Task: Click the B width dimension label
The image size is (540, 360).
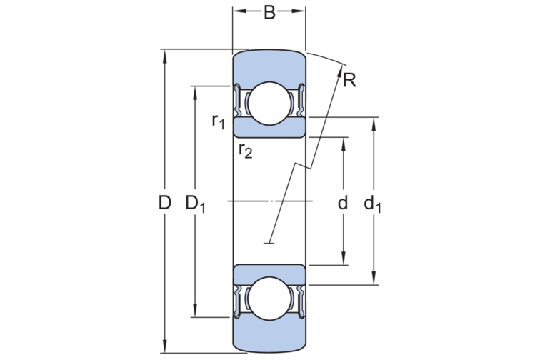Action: click(x=269, y=13)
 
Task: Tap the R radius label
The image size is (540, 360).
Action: click(x=349, y=81)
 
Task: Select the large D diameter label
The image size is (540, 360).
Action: click(x=164, y=203)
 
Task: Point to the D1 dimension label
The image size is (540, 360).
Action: click(x=195, y=204)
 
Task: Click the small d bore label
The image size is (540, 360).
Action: click(x=343, y=203)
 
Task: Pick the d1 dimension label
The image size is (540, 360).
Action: click(x=373, y=204)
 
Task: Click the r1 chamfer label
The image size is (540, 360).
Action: click(x=219, y=121)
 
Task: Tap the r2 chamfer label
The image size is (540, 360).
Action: click(x=246, y=151)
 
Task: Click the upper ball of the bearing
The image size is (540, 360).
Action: click(x=270, y=104)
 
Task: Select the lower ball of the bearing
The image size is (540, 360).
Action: click(x=270, y=299)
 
